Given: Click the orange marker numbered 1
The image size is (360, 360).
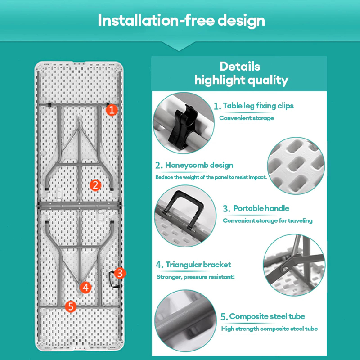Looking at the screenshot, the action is coord(112,110).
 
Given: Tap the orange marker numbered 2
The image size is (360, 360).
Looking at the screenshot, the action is coord(95,185).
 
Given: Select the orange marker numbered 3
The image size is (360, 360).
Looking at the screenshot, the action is coord(120,273).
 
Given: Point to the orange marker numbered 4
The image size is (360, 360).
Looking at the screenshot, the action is coord(85,288).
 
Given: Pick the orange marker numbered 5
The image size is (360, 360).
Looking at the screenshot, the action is coord(71,306).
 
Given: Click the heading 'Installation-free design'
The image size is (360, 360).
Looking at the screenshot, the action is coord(181,20).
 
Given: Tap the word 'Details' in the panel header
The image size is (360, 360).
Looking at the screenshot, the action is coord(240,67).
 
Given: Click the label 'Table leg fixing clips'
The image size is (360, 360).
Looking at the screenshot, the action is coord(258,106).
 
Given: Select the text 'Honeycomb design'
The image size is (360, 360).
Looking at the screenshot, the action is coord(199,165).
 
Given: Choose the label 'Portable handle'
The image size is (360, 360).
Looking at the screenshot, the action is coord(261,208).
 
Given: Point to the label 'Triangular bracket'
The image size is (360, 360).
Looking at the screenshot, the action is coord(198,265).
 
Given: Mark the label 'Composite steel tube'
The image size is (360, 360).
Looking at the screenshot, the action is coord(267,316).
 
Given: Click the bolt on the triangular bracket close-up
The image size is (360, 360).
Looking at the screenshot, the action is coord(285,268).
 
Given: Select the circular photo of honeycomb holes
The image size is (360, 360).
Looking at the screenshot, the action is coord(296,166).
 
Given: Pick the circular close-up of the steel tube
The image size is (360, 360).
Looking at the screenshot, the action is coord(185,321).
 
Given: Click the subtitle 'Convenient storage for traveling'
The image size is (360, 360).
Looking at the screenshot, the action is coord(268,220).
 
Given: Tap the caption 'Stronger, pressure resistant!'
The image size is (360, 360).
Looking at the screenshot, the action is coord(196,277).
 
